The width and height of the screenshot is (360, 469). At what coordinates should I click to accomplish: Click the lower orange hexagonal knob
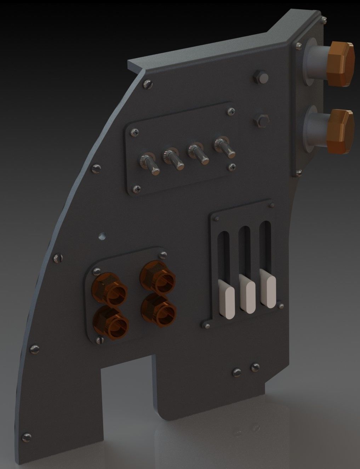[340, 131]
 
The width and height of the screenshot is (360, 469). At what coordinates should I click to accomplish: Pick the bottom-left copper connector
[110, 322]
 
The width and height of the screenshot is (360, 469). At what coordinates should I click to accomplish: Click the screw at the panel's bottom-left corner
[26, 435]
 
